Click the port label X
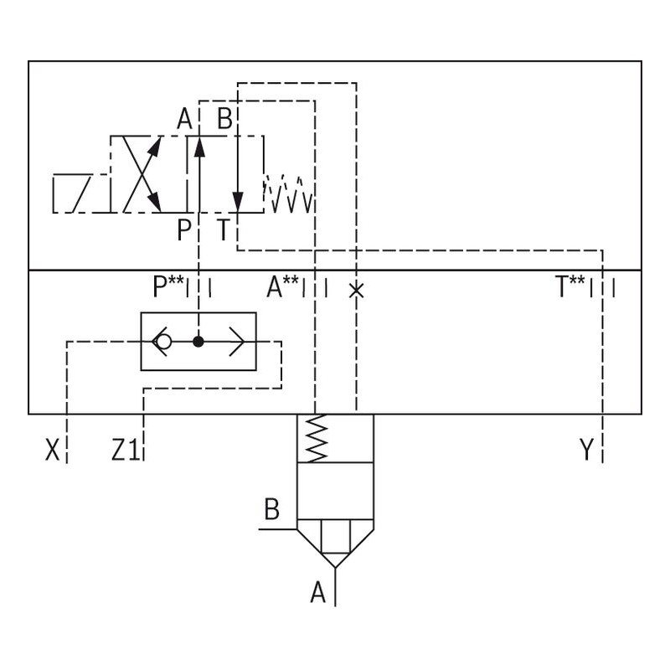(x=53, y=451)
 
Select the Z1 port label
(x=125, y=451)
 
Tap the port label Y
(x=586, y=451)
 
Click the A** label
(x=283, y=288)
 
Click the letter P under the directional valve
(x=184, y=229)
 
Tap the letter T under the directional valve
(x=224, y=229)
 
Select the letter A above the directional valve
(x=184, y=120)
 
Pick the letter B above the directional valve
(x=224, y=120)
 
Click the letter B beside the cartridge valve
(x=271, y=509)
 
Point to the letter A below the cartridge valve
(x=317, y=594)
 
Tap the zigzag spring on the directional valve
(x=289, y=193)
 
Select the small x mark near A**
(x=357, y=290)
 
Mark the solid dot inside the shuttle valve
(x=198, y=342)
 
